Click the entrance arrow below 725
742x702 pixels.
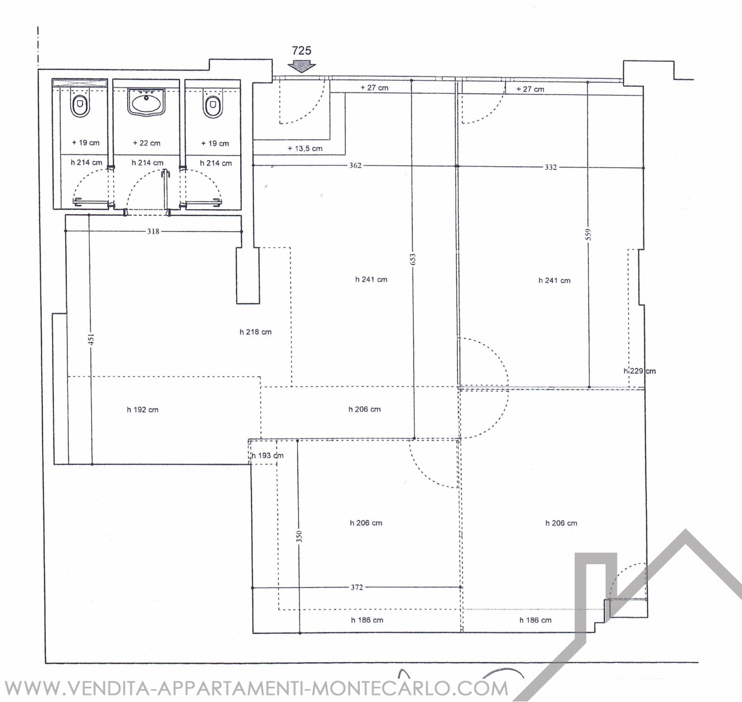tap(301, 66)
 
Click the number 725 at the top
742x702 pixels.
tap(301, 50)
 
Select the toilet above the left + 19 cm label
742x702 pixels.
tap(80, 105)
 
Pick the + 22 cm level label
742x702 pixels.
tap(147, 143)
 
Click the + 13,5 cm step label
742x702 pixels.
tap(305, 149)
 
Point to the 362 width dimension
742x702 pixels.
tap(355, 166)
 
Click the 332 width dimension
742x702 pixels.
tap(550, 167)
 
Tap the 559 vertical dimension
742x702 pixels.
tap(589, 234)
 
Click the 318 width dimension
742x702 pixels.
tap(153, 231)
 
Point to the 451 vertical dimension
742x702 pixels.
tap(91, 339)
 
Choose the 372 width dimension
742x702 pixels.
tap(357, 587)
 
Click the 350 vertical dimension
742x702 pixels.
tap(299, 536)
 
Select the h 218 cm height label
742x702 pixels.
tap(255, 332)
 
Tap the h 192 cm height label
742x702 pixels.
tap(143, 410)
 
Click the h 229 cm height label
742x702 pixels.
tap(640, 371)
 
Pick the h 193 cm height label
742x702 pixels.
tap(268, 455)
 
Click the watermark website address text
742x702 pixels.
tap(255, 688)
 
